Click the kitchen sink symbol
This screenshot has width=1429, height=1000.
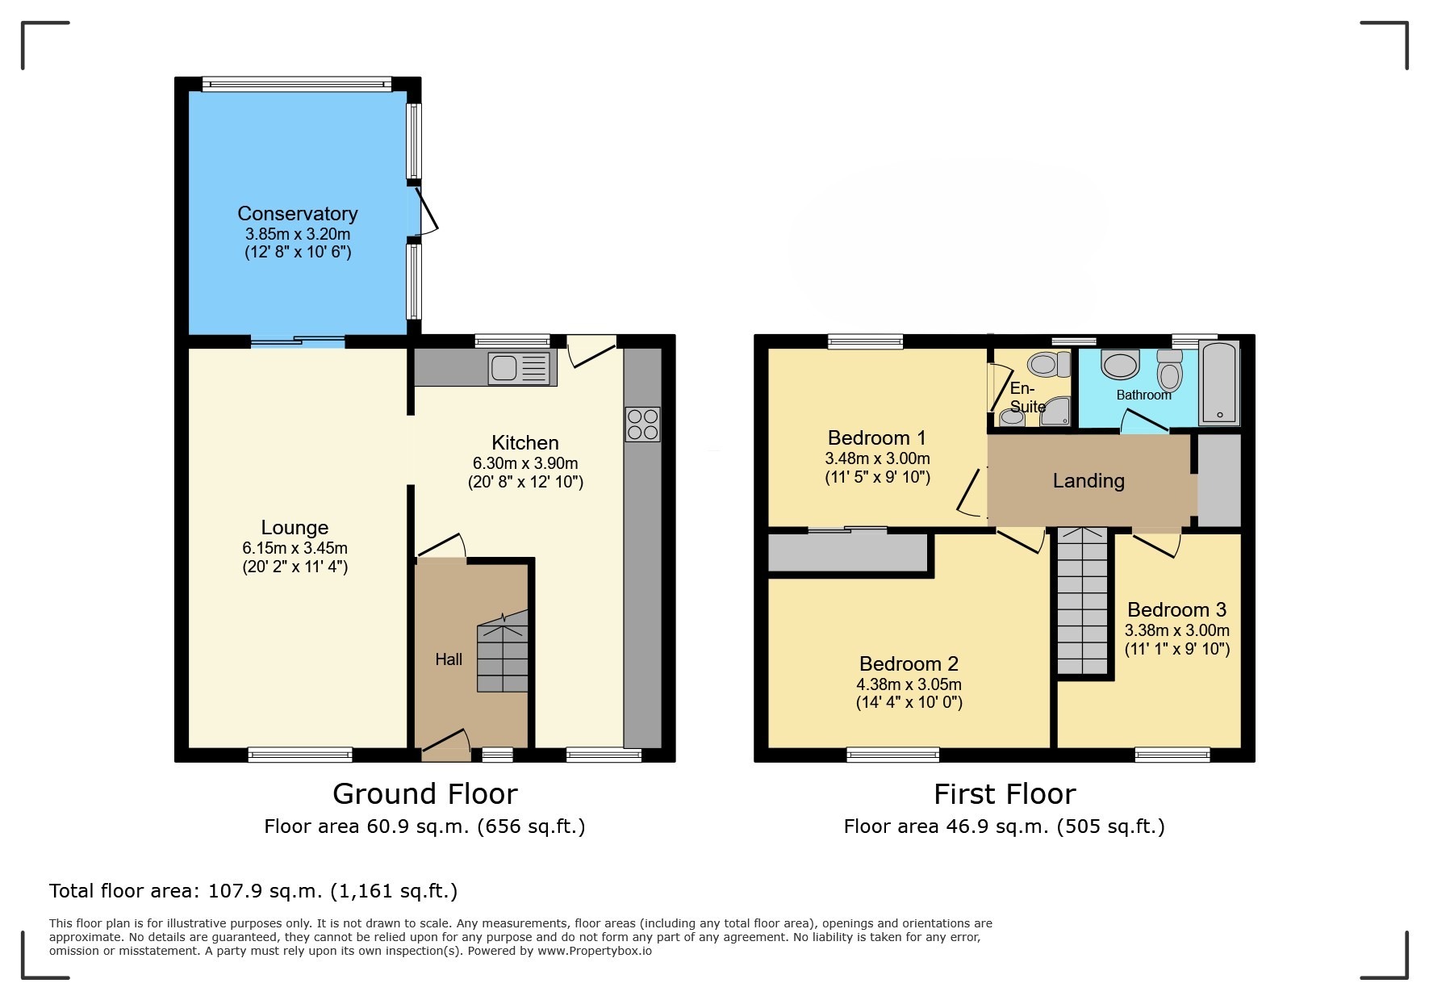tap(520, 368)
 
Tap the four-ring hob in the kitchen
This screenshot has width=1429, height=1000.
tap(642, 425)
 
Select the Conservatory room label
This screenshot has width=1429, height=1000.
tap(297, 214)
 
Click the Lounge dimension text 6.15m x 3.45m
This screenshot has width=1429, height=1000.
tap(295, 548)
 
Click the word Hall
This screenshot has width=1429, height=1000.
tap(449, 659)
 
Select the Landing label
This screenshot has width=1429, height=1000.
tap(1088, 481)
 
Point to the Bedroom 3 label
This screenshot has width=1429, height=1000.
tap(1176, 610)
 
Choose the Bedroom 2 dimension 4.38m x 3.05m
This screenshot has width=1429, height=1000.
tap(909, 684)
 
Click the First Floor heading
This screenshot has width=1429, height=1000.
tap(1005, 794)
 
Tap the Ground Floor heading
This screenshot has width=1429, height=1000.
tap(424, 794)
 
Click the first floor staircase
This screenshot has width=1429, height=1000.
tap(1082, 601)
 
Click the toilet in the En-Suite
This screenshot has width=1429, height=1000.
tap(1048, 365)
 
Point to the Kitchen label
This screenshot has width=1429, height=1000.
tap(525, 443)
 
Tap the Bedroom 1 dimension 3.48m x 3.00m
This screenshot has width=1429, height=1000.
tap(877, 458)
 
